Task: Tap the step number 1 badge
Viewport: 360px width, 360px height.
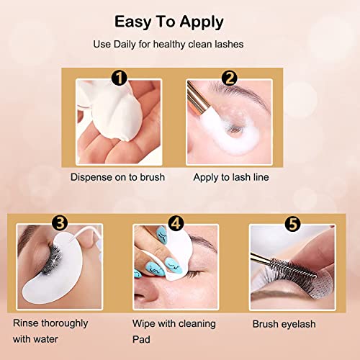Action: pyautogui.click(x=121, y=77)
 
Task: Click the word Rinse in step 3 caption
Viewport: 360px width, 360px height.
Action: pyautogui.click(x=25, y=323)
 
